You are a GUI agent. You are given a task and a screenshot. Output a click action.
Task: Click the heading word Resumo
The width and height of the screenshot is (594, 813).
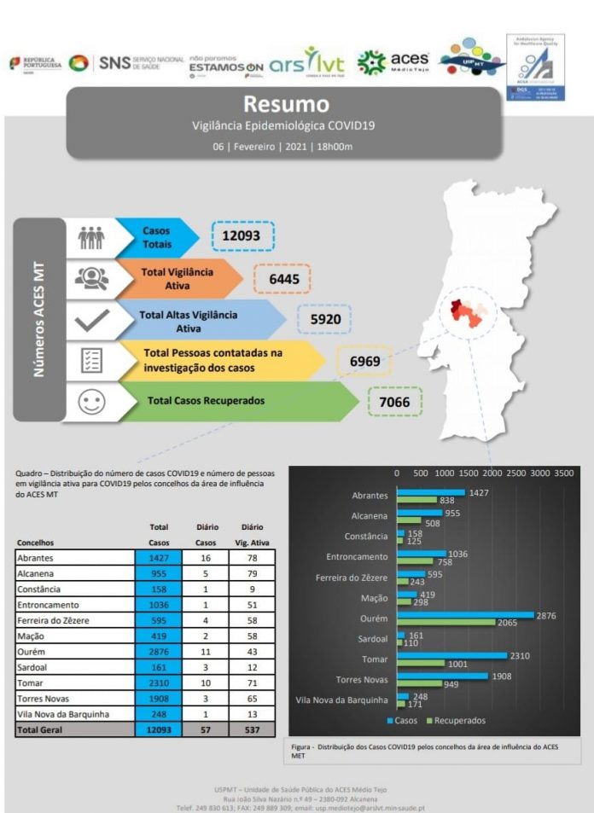(x=286, y=105)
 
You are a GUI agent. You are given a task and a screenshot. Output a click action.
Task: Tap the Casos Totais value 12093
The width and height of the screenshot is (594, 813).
(x=243, y=235)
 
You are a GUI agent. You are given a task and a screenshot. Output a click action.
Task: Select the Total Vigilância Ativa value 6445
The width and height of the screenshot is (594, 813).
(x=282, y=279)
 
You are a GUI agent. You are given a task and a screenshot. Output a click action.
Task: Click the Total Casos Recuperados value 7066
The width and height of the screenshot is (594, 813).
(x=394, y=402)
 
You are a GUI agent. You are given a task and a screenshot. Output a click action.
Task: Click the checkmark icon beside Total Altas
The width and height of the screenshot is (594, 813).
(x=91, y=320)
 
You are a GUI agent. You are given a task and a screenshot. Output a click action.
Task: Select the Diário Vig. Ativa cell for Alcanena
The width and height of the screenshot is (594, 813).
(x=252, y=574)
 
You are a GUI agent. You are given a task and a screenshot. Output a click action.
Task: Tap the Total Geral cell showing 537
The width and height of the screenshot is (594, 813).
(x=252, y=730)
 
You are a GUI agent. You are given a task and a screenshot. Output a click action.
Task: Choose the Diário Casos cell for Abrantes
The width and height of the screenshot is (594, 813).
(x=206, y=558)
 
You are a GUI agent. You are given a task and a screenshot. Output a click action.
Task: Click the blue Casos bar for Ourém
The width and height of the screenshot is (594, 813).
(x=465, y=615)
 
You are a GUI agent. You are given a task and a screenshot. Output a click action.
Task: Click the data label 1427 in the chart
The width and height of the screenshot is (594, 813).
(x=479, y=493)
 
